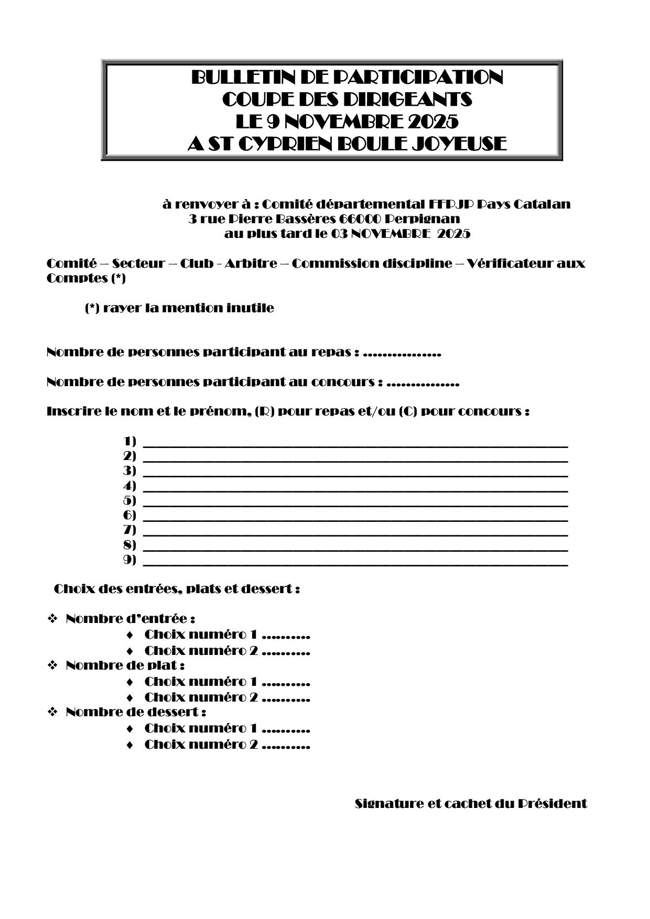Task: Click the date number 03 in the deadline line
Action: pos(338,234)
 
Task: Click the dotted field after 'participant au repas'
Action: pos(402,353)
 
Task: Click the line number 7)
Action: pos(129,530)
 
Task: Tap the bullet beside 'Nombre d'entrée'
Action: pos(52,619)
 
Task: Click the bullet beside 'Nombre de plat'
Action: pos(52,665)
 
